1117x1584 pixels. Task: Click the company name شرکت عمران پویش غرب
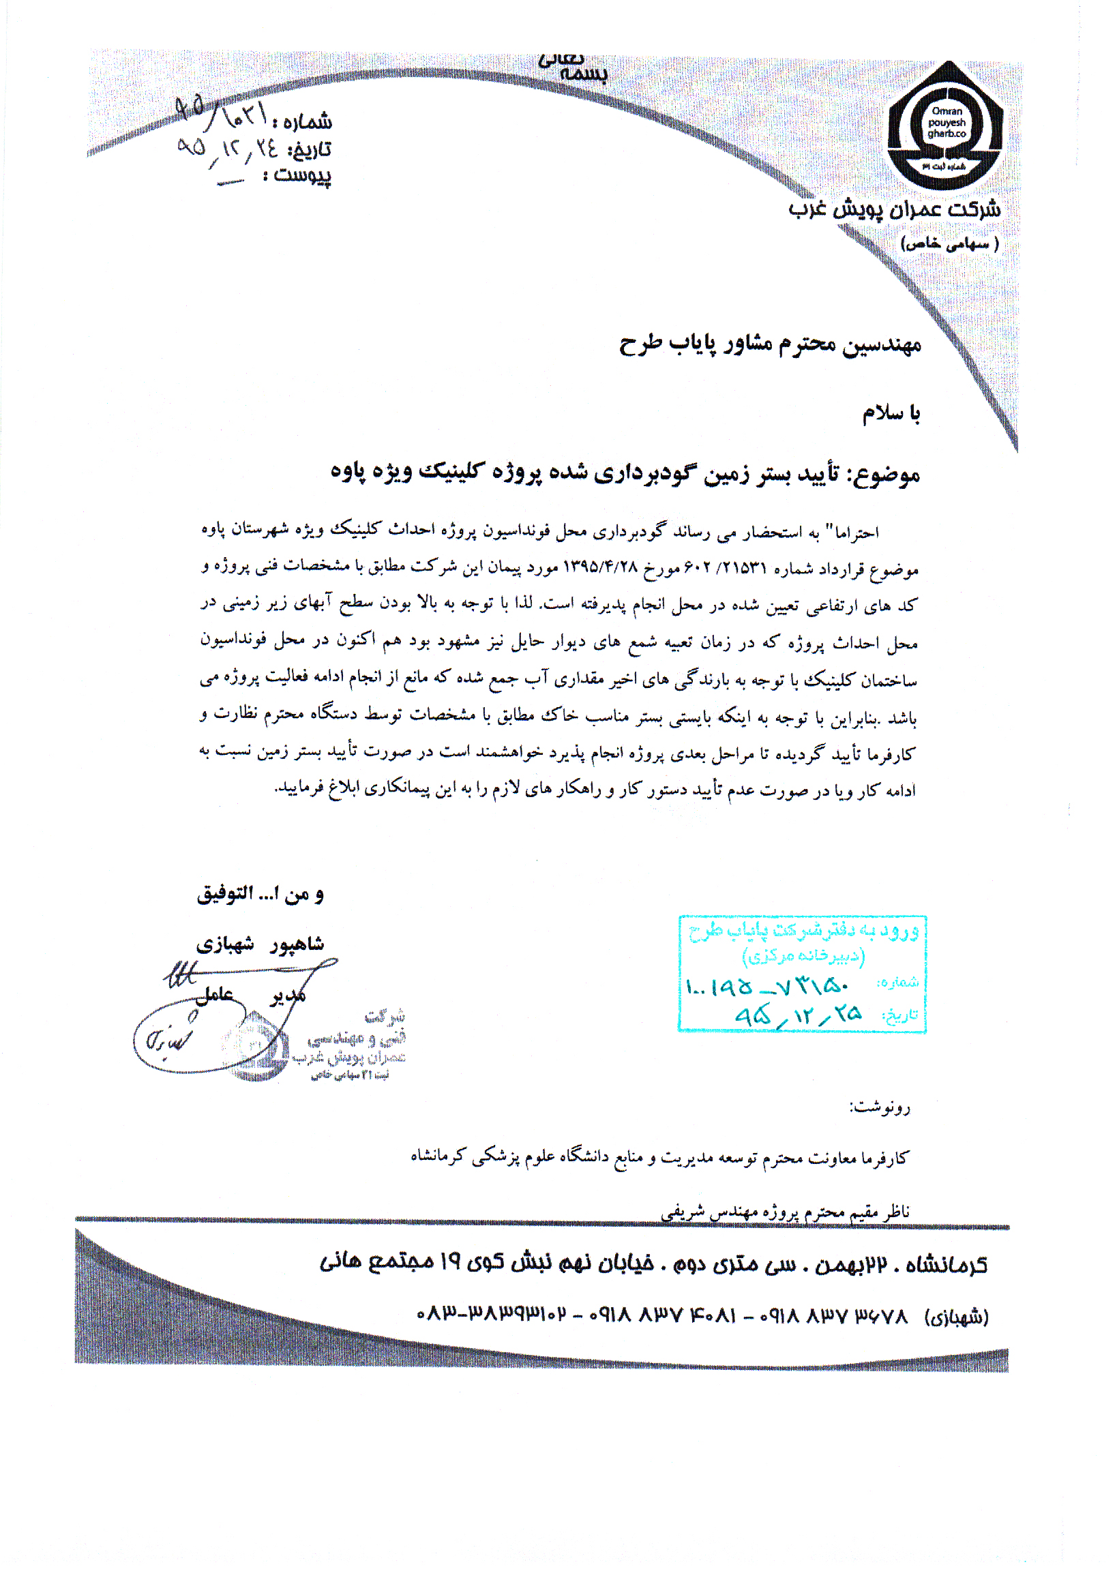point(895,209)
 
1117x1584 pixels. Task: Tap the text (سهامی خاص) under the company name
point(949,243)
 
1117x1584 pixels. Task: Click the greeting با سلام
point(891,413)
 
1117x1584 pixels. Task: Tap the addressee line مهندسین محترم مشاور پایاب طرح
point(770,345)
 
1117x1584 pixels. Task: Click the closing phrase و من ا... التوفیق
point(260,895)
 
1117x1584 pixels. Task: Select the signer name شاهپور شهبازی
point(260,944)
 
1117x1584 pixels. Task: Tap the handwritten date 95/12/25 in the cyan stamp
point(798,1015)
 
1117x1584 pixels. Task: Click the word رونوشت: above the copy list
point(879,1107)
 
